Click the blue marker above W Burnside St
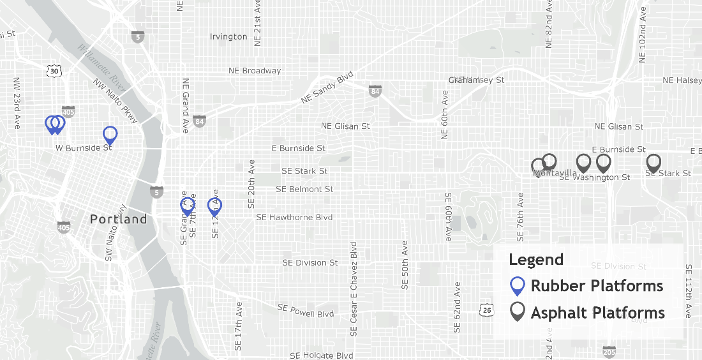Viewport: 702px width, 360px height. (x=110, y=135)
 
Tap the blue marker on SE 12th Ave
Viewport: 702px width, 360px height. (x=215, y=206)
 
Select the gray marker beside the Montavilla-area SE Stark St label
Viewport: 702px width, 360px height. (x=653, y=162)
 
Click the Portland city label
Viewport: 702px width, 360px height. (x=118, y=219)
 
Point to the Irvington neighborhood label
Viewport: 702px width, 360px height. (x=228, y=36)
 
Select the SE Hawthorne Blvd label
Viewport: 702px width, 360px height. (x=294, y=217)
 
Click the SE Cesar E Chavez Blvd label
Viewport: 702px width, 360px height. (x=353, y=289)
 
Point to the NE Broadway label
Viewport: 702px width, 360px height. (x=255, y=70)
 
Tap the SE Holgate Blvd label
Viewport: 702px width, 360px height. (x=321, y=356)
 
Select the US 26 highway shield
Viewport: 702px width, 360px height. (x=486, y=310)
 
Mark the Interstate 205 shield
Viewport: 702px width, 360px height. (x=609, y=352)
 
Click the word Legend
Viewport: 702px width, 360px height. (x=536, y=260)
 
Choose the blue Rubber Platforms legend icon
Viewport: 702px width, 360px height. (x=518, y=286)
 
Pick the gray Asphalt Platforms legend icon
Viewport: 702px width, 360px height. (x=518, y=312)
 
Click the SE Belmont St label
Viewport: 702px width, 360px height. (x=304, y=189)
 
